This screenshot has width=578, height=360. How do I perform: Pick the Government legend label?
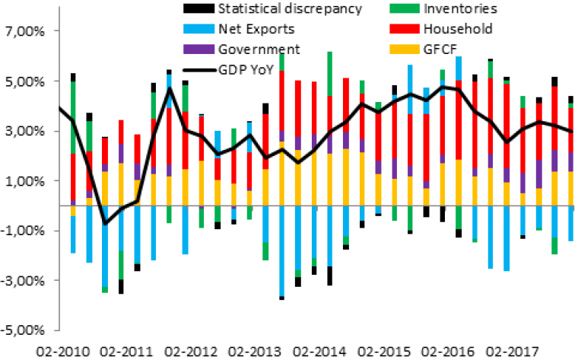coord(259,49)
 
